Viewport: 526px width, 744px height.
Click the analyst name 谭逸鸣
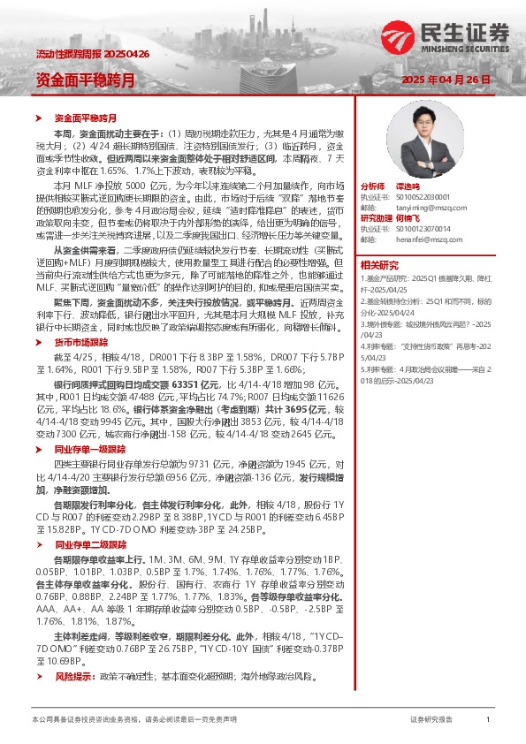pyautogui.click(x=407, y=186)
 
